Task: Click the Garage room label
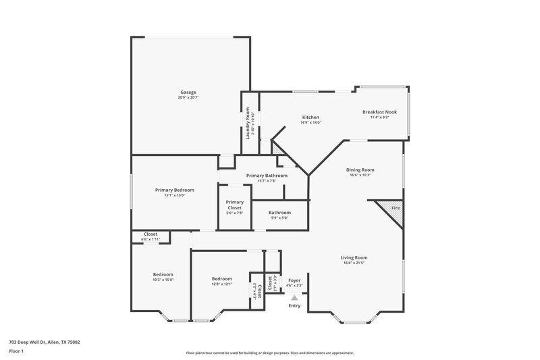(x=188, y=92)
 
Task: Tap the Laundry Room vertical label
(x=248, y=124)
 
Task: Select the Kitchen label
(x=310, y=118)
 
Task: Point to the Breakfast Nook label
(x=379, y=111)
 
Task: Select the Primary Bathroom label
(x=267, y=176)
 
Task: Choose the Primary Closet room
(x=234, y=207)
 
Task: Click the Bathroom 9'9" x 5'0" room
(x=279, y=215)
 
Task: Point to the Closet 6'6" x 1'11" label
(x=151, y=234)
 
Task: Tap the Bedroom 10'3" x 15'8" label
(x=163, y=274)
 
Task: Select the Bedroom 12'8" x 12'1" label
(x=222, y=279)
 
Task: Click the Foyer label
(x=294, y=280)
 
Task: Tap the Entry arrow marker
(x=294, y=297)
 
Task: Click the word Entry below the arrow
(x=294, y=306)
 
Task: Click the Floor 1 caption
(x=16, y=352)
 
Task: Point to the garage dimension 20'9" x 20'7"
(x=188, y=98)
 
